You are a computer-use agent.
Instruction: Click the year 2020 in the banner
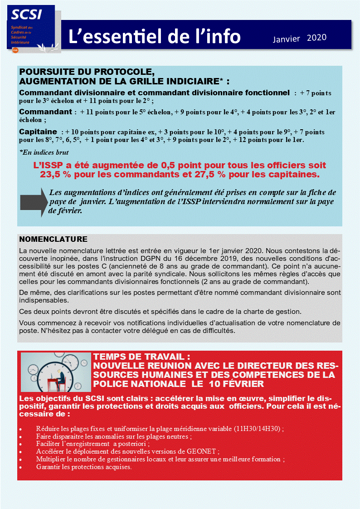pyautogui.click(x=316, y=38)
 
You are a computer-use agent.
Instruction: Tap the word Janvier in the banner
pyautogui.click(x=286, y=39)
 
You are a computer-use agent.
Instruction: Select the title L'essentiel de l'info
pyautogui.click(x=155, y=37)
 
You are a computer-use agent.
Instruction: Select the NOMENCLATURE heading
pyautogui.click(x=53, y=239)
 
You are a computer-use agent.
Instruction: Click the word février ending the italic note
pyautogui.click(x=66, y=210)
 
